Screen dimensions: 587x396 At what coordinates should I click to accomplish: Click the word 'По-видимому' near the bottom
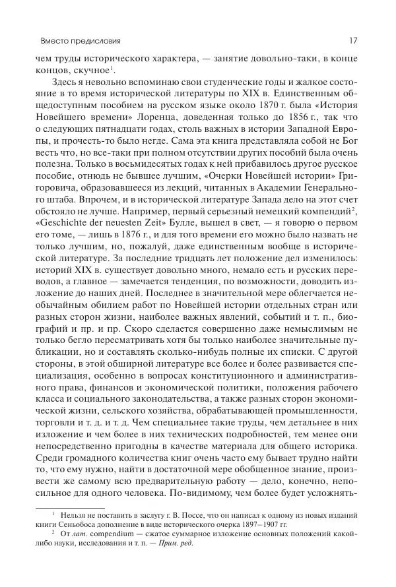pos(199,490)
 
